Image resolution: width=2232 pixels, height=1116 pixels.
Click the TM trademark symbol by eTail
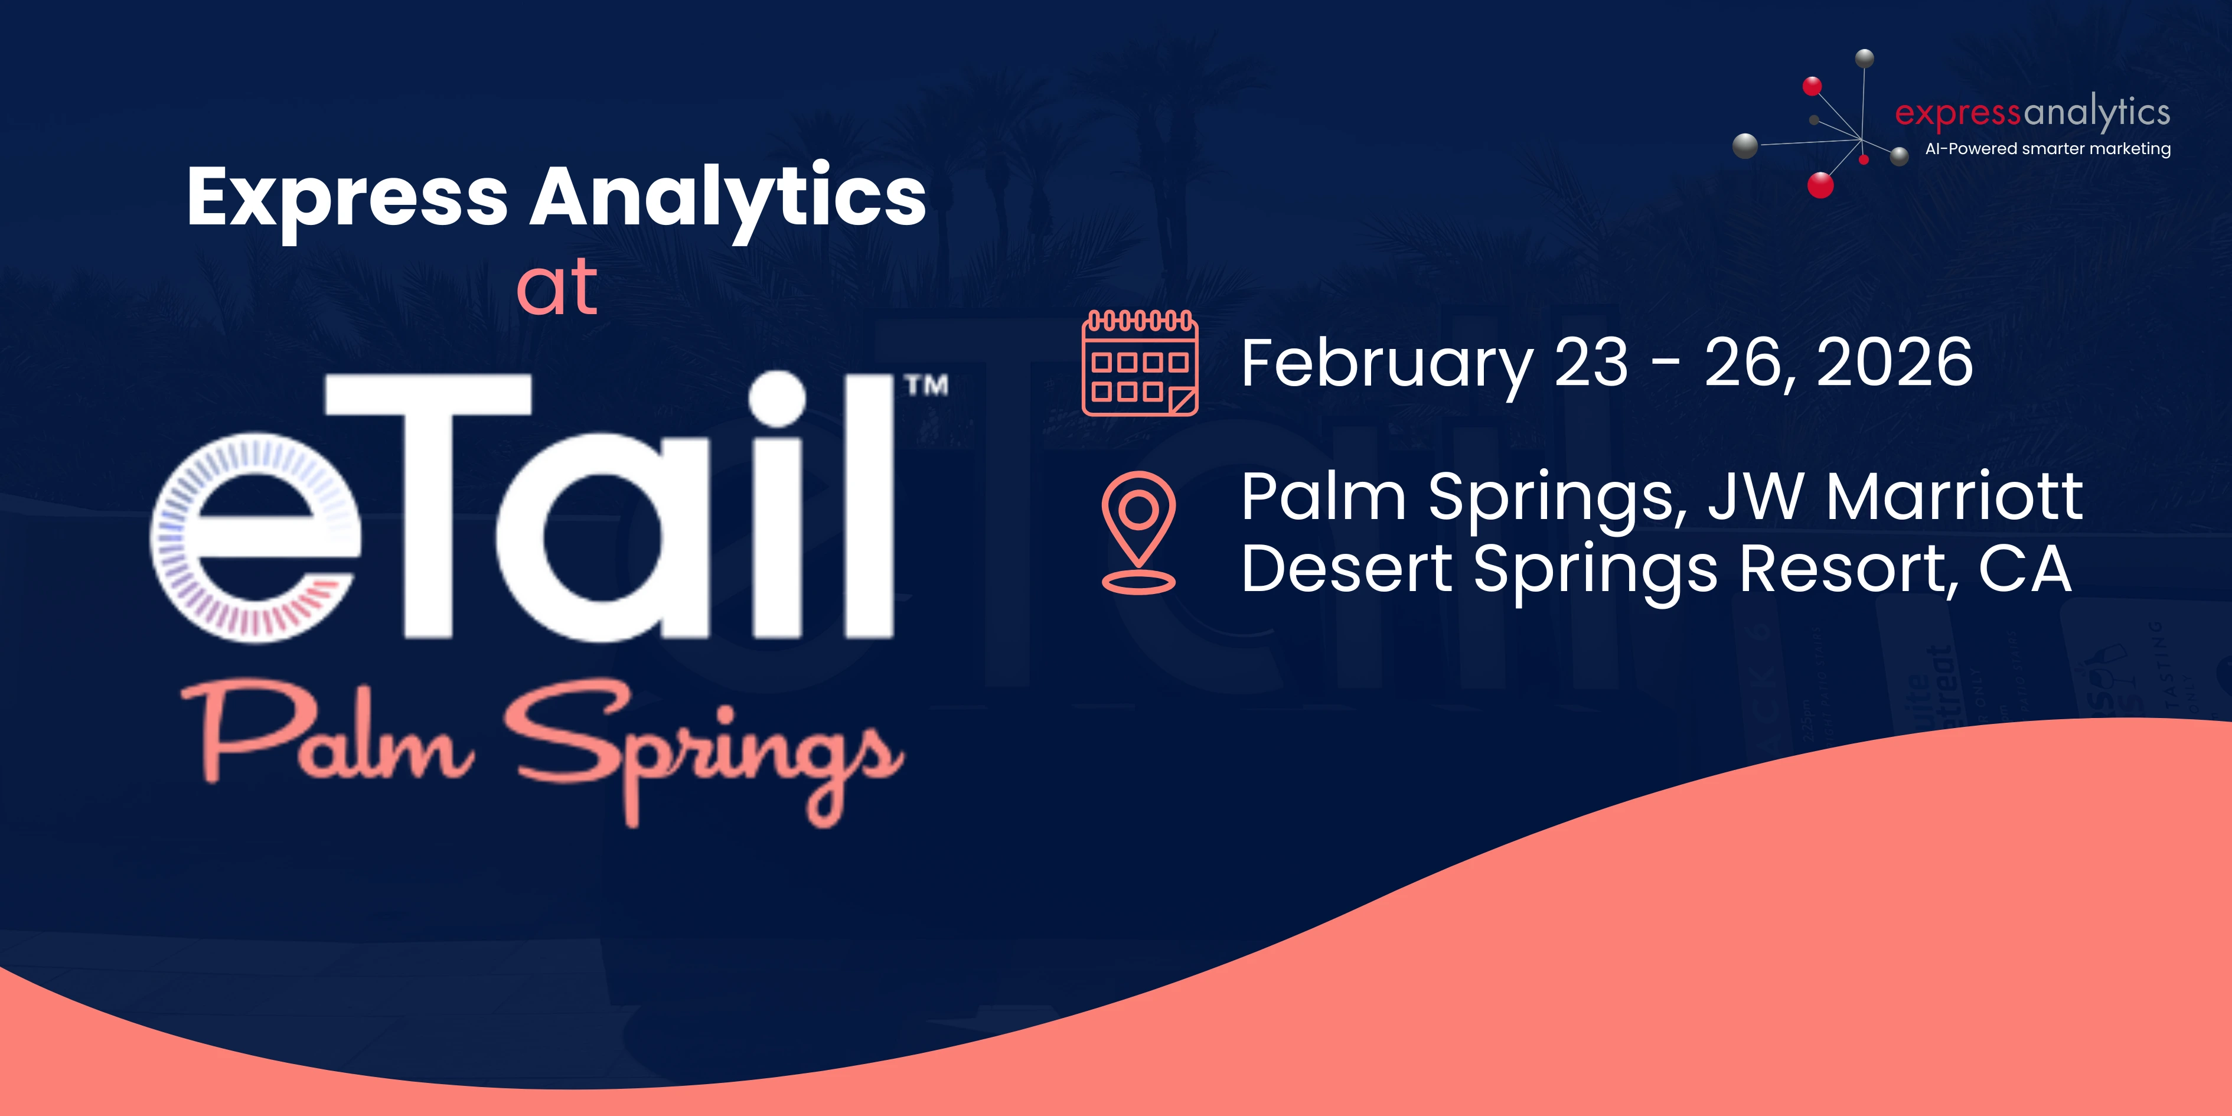point(926,386)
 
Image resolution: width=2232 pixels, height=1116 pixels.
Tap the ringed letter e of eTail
point(256,537)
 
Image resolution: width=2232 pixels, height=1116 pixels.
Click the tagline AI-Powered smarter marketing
point(2047,149)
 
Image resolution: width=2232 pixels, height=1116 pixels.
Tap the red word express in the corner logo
point(1957,113)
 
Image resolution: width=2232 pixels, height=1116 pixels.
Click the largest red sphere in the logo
point(1820,185)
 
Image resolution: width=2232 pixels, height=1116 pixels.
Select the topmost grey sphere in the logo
point(1864,59)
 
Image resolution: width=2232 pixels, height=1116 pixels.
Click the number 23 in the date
point(1591,363)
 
